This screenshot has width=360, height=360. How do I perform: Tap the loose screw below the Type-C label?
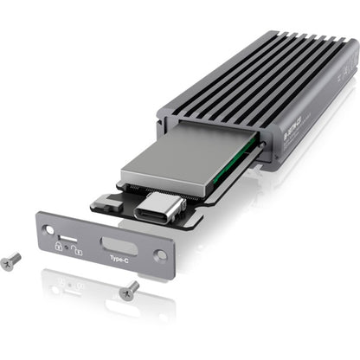click(x=129, y=290)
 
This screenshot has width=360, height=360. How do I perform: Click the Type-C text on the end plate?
click(x=119, y=257)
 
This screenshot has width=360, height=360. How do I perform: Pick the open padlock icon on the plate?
click(x=77, y=250)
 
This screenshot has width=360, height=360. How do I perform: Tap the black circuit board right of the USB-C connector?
click(x=192, y=213)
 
